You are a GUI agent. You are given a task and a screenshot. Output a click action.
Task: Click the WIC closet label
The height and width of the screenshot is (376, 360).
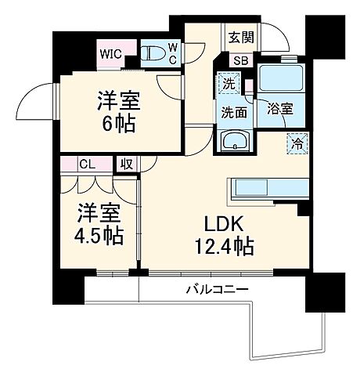click(110, 55)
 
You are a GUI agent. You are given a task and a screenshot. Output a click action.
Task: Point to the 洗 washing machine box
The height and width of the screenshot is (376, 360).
click(228, 81)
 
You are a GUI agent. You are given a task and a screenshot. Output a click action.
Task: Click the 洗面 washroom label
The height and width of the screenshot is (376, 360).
click(232, 111)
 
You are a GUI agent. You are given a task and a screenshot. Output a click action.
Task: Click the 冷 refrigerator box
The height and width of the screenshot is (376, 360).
click(297, 143)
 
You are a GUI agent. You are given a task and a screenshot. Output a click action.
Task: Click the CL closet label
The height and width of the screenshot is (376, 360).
click(87, 164)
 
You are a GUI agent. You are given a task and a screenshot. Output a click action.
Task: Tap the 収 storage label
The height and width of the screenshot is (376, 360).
click(125, 164)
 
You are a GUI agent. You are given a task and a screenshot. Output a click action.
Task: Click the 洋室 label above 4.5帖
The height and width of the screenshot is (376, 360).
click(98, 211)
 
